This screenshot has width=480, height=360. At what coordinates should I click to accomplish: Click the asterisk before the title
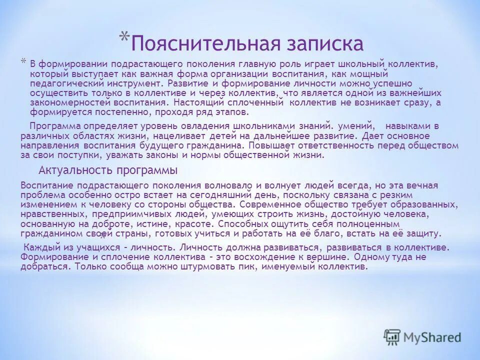click(x=124, y=38)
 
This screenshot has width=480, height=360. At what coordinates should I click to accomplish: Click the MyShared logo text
click(x=433, y=337)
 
